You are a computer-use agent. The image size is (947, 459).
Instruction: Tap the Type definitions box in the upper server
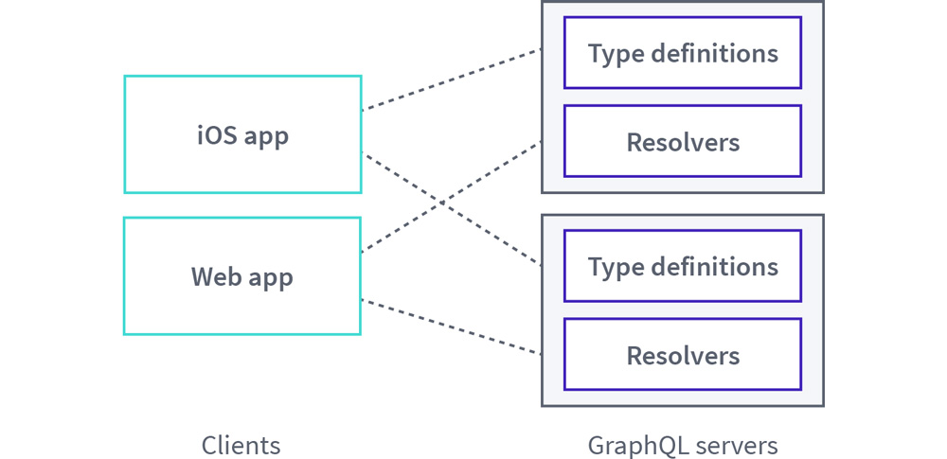[682, 53]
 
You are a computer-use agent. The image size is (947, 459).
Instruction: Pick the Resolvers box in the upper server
[682, 142]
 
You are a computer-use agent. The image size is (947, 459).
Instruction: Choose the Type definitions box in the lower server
[682, 267]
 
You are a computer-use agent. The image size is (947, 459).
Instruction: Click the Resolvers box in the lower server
[682, 356]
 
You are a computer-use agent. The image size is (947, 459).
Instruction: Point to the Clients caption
[241, 445]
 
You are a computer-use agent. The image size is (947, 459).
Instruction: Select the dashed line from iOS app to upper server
[451, 79]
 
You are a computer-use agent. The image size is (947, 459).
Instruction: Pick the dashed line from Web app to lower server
[451, 327]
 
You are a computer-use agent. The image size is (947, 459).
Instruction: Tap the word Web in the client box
[214, 277]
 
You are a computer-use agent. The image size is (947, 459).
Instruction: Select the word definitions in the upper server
[710, 53]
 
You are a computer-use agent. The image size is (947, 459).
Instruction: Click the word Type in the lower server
[610, 267]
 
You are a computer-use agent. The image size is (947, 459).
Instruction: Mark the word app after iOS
[265, 136]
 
